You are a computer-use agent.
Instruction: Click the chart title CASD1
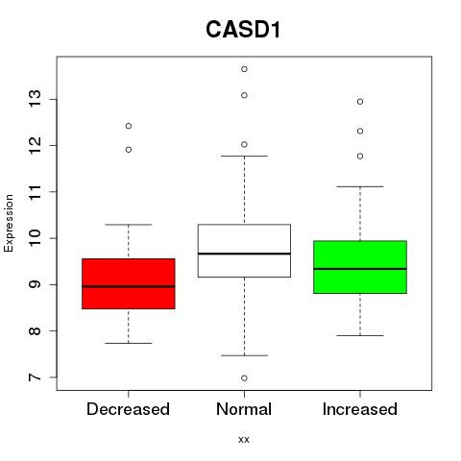(243, 30)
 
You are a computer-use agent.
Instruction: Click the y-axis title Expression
(9, 223)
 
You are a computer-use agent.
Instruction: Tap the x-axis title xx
(244, 439)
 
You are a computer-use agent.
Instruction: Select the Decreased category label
(128, 409)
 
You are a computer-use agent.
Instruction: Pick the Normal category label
(244, 409)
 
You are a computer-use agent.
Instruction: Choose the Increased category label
(360, 409)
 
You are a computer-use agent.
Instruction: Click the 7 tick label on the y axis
(35, 377)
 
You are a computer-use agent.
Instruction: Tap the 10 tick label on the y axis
(35, 238)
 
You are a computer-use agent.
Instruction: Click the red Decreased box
(129, 283)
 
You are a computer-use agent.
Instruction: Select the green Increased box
(360, 267)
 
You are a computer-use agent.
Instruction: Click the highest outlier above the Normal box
(244, 69)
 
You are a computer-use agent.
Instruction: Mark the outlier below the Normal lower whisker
(244, 378)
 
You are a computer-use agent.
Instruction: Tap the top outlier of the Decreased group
(129, 126)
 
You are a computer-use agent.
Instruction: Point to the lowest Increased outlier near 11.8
(360, 157)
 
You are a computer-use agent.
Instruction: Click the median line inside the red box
(129, 286)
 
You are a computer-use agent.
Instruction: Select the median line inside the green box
(360, 269)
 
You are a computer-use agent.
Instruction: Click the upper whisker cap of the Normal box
(244, 156)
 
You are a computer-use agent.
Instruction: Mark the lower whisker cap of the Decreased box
(129, 343)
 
